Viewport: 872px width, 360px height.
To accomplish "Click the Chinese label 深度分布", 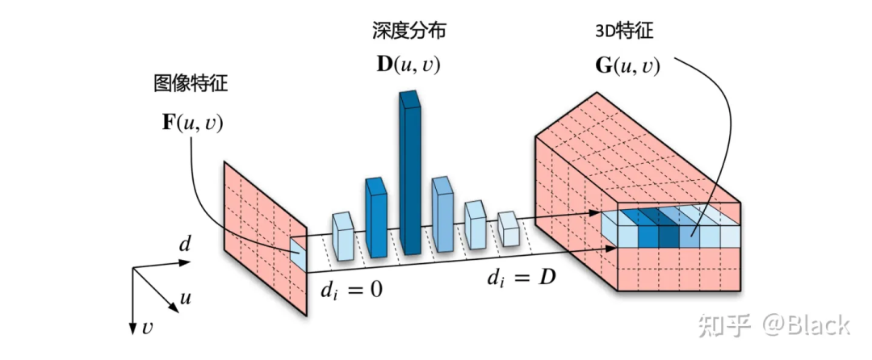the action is pyautogui.click(x=409, y=31).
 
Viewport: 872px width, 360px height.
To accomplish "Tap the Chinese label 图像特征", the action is pyautogui.click(x=191, y=85).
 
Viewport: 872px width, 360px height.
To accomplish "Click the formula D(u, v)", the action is pyautogui.click(x=409, y=65).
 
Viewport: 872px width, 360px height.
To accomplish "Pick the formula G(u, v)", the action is pyautogui.click(x=627, y=65).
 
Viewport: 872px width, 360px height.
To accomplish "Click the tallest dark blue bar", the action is pyautogui.click(x=411, y=172).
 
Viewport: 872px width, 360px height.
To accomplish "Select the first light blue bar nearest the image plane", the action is pyautogui.click(x=343, y=237).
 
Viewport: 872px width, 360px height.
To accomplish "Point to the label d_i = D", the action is pyautogui.click(x=522, y=277).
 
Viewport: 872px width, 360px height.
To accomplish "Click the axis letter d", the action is pyautogui.click(x=185, y=245).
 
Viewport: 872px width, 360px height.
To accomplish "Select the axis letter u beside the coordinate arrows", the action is pyautogui.click(x=186, y=299).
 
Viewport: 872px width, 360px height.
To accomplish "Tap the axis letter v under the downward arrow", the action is pyautogui.click(x=147, y=328).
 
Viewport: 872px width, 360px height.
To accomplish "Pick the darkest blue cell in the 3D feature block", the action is pyautogui.click(x=669, y=229).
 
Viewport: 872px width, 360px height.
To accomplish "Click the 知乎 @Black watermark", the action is pyautogui.click(x=773, y=324).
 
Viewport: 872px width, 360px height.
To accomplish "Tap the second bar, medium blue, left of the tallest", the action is pyautogui.click(x=376, y=217).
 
